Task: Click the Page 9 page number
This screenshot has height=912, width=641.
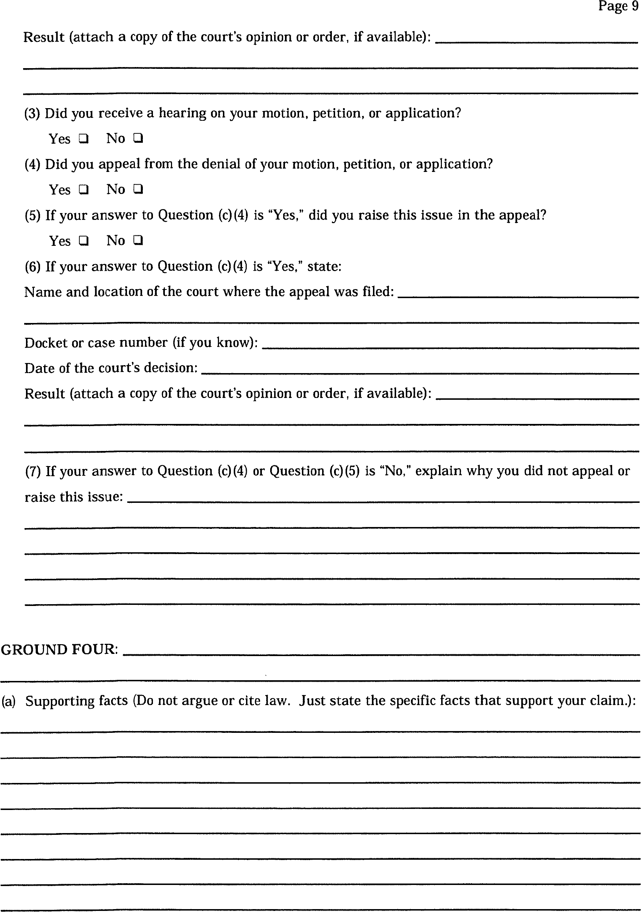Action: click(x=618, y=6)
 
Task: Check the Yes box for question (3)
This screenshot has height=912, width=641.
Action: click(x=83, y=139)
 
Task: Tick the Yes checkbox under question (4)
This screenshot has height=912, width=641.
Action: click(x=83, y=190)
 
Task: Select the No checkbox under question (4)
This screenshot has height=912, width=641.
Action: click(x=138, y=190)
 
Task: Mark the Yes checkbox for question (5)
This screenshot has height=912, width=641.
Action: click(x=83, y=241)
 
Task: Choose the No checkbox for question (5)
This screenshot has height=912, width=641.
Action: click(x=138, y=240)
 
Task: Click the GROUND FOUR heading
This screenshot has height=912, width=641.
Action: click(x=59, y=650)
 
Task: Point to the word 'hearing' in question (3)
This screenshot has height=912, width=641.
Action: click(x=183, y=113)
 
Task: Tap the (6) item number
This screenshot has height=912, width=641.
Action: click(x=32, y=266)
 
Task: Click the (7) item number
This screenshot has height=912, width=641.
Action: click(x=32, y=471)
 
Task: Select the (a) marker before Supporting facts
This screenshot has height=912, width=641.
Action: click(x=8, y=701)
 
